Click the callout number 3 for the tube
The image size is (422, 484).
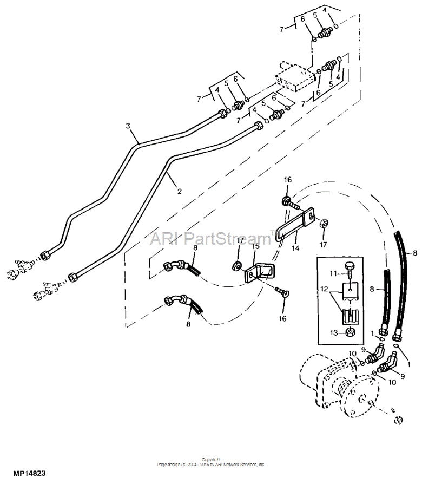pyautogui.click(x=128, y=126)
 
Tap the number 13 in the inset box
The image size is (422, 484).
pyautogui.click(x=333, y=332)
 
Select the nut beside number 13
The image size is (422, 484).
pyautogui.click(x=350, y=332)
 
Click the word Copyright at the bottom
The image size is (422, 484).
pyautogui.click(x=210, y=459)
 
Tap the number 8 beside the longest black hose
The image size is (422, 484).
pyautogui.click(x=415, y=252)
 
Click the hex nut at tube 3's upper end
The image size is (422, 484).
pyautogui.click(x=221, y=113)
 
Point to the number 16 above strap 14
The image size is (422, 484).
pyautogui.click(x=288, y=179)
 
